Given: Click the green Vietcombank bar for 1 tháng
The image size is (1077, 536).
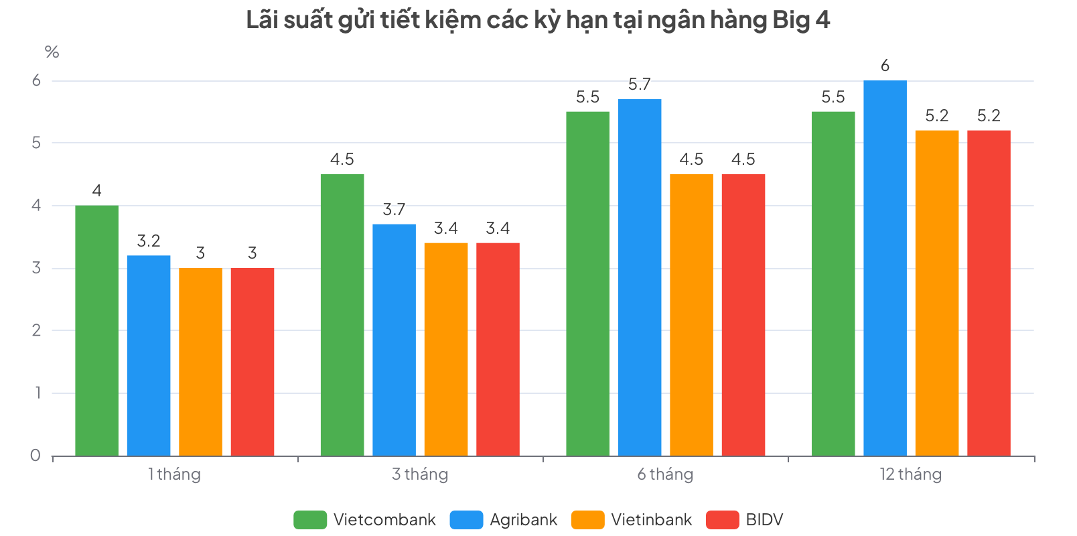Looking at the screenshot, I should tap(96, 330).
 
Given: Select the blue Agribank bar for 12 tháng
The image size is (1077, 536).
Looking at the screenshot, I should tap(885, 268).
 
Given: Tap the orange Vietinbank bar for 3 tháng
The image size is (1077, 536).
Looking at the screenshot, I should tap(446, 349).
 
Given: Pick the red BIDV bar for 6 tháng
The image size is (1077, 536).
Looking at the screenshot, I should tap(743, 315).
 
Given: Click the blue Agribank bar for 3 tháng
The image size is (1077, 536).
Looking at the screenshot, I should tap(394, 340).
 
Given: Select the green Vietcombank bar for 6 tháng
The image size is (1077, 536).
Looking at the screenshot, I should tap(587, 283).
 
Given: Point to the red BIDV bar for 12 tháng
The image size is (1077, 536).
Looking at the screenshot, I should tap(989, 293).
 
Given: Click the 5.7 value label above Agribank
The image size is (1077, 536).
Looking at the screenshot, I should tap(639, 84).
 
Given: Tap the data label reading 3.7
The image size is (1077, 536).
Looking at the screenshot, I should tap(394, 210).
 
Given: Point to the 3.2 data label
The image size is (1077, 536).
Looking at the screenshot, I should tap(149, 241).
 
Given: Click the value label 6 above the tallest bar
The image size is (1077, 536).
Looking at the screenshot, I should tap(885, 66).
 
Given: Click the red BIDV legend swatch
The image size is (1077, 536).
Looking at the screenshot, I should tap(722, 520).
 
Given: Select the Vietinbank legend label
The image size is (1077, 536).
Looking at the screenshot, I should tap(651, 520).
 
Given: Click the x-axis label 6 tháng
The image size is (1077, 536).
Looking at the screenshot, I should tap(665, 474).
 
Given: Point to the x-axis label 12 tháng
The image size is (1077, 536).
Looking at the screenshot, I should tap(910, 474).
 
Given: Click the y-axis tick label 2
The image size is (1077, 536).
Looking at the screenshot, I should tap(36, 330).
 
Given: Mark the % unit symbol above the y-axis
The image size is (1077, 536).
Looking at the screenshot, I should tap(52, 52).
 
